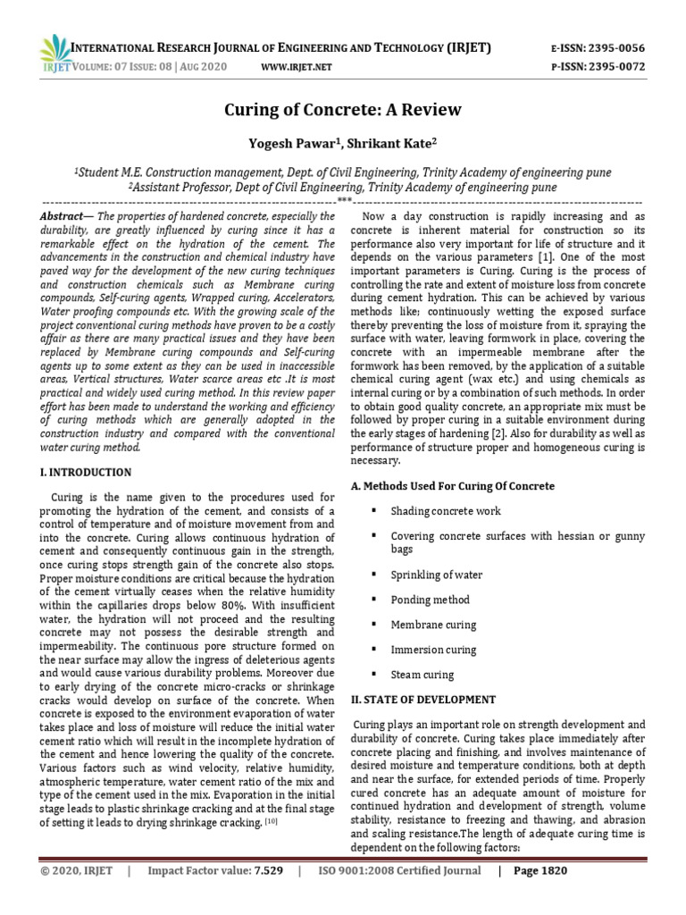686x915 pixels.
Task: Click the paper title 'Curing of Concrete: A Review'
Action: [342, 110]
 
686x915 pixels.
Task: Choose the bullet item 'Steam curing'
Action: [422, 675]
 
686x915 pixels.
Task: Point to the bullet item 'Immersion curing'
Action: [433, 650]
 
